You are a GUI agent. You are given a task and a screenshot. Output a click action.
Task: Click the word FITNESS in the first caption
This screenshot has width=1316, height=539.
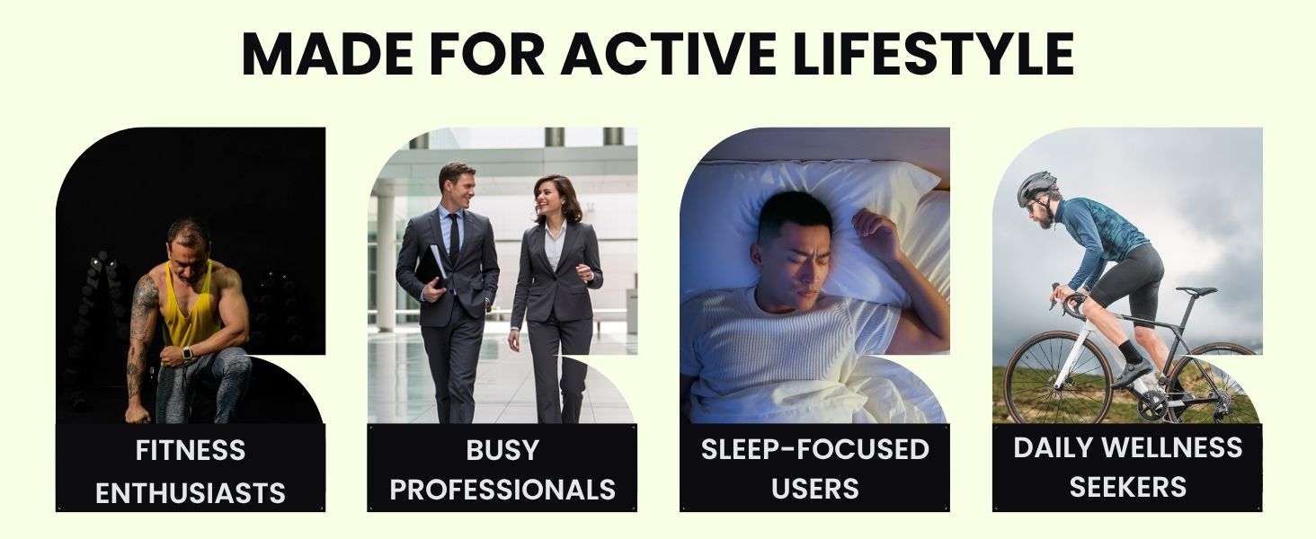[191, 450]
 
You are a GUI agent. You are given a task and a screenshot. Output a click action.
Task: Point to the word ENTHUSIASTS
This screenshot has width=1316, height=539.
[191, 493]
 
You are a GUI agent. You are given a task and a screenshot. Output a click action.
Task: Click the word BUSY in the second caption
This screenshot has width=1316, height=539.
[502, 450]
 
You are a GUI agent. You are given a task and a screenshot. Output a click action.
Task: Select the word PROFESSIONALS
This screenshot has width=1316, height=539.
[502, 490]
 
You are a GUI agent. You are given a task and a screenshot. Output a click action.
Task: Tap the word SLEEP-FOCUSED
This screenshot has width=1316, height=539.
[815, 449]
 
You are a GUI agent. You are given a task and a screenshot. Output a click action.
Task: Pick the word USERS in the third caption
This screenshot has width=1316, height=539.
[815, 489]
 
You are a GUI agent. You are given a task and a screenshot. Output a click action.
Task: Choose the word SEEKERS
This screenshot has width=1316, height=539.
[1127, 487]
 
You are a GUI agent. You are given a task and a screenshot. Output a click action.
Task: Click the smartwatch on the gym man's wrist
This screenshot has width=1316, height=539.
[187, 353]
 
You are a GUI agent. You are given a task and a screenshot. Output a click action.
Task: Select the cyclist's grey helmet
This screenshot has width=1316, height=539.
[1036, 186]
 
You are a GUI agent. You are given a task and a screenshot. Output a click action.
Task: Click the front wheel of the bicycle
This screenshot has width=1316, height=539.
[1058, 378]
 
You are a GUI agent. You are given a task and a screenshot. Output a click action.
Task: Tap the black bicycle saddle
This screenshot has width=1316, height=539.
[1196, 291]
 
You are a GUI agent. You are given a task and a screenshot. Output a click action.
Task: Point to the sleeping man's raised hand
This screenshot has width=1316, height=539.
[875, 232]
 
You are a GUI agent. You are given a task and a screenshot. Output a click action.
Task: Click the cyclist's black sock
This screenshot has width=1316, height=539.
[1129, 352]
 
